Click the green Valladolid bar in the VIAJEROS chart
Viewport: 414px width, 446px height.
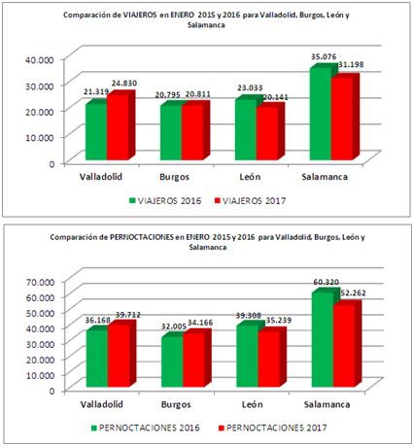[x=95, y=130]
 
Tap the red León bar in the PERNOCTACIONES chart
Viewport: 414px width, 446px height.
[x=269, y=360]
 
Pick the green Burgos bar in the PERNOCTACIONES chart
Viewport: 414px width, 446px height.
[x=171, y=361]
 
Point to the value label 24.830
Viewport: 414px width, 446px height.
[x=128, y=86]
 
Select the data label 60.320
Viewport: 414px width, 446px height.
[x=326, y=283]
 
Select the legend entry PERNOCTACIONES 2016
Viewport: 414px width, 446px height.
[x=146, y=427]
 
